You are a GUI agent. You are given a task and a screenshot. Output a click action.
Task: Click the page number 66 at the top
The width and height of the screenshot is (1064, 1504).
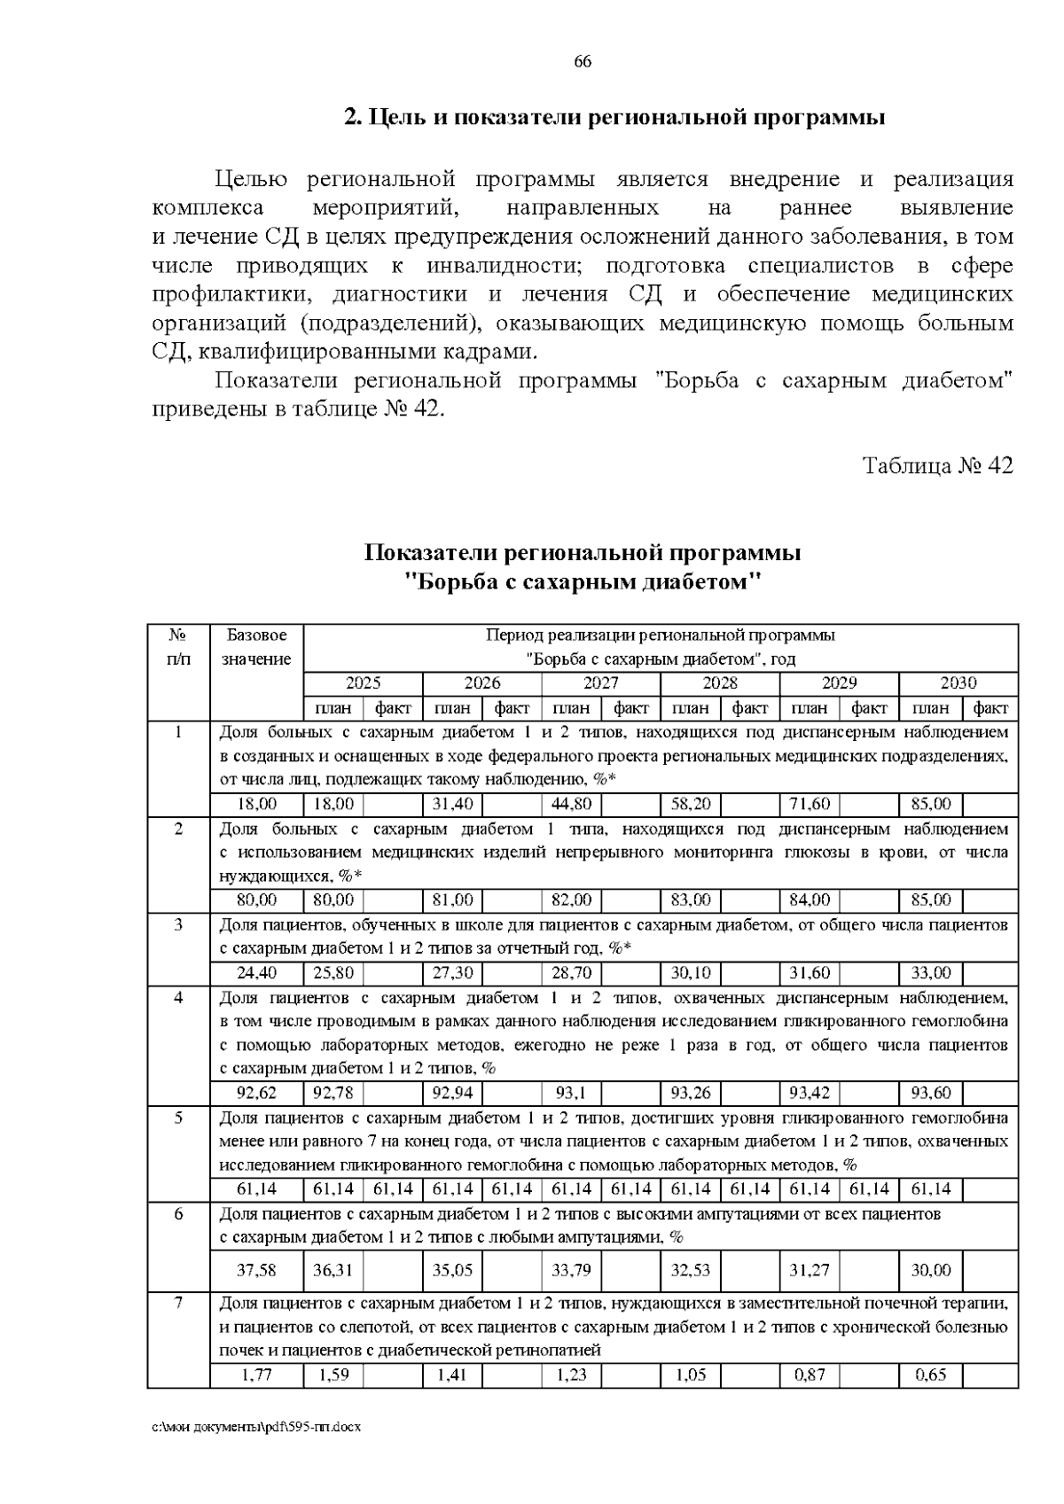coord(583,62)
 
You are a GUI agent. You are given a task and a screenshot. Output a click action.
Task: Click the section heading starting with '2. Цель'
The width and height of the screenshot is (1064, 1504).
coord(614,118)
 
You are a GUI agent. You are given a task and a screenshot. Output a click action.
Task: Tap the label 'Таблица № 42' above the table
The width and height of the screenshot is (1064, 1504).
coord(937,465)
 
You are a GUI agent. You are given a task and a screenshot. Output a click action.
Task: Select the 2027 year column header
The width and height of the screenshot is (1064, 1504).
coord(600,683)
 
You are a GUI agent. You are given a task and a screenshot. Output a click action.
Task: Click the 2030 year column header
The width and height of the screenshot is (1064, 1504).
coord(958,683)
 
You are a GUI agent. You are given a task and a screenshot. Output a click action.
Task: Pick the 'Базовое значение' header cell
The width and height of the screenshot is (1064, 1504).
coord(256,648)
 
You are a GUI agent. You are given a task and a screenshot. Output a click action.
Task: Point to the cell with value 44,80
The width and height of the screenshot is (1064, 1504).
coord(571,805)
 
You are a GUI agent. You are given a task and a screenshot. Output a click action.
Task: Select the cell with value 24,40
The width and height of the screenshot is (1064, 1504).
coord(256,973)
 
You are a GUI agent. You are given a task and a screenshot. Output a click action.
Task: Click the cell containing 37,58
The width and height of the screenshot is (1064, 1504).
coord(256,1270)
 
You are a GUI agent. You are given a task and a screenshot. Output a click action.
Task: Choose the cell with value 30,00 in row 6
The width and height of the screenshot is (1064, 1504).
coord(930,1270)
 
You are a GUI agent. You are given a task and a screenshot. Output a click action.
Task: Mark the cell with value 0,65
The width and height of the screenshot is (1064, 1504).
coord(930,1375)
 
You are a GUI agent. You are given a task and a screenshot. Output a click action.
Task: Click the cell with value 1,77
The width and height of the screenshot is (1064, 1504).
coord(256,1375)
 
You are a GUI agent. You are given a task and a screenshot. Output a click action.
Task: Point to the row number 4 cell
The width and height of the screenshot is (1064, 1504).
coord(178,998)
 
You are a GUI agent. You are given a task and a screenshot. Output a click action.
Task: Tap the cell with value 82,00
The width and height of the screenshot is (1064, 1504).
coord(571,900)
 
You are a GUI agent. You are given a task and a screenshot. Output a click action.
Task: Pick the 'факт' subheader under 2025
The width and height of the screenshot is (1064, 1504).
coord(393,708)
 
